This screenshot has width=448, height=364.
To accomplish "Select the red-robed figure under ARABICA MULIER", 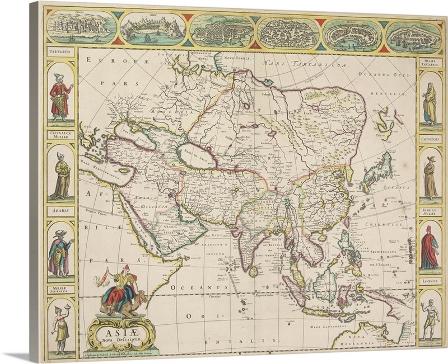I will (x=428, y=249).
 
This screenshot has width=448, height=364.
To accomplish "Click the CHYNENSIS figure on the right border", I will (x=429, y=176).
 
